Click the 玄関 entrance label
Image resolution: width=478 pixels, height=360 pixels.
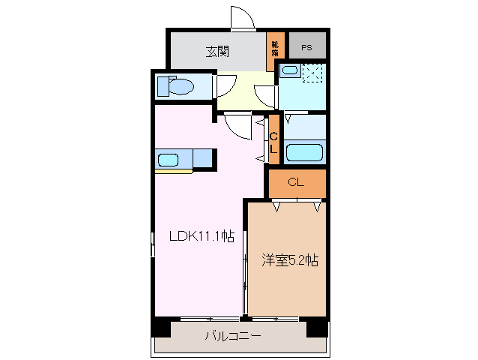click(x=217, y=52)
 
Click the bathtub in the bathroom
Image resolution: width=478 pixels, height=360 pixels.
click(x=304, y=151)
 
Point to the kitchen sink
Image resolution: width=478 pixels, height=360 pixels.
click(x=168, y=159)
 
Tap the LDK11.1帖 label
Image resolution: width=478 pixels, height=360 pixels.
click(x=201, y=236)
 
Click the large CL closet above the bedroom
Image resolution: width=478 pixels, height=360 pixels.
click(x=296, y=181)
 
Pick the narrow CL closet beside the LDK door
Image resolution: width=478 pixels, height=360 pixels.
click(x=273, y=141)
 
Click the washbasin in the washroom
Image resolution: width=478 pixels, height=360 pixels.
click(x=289, y=71)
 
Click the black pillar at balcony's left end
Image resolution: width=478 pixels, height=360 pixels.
click(x=160, y=327)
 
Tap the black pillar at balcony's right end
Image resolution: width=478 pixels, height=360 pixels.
click(x=318, y=327)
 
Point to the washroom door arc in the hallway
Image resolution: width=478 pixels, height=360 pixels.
click(x=264, y=96)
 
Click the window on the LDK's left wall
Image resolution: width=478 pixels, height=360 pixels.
click(x=153, y=244)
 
